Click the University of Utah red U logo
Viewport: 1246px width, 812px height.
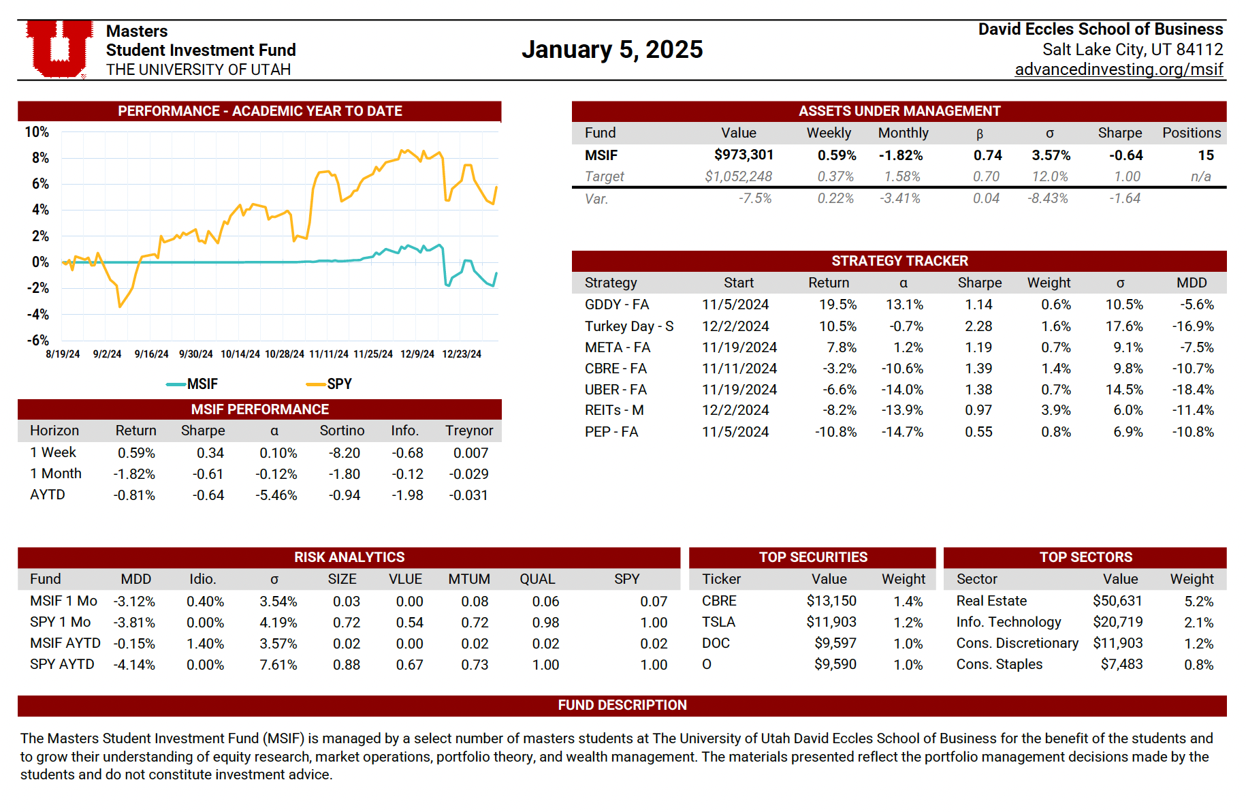(60, 48)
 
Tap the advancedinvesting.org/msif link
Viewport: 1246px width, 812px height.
(1118, 69)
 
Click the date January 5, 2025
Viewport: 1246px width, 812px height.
(611, 50)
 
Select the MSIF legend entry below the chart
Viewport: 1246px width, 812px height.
(193, 384)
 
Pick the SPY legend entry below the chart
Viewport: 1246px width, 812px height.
(330, 384)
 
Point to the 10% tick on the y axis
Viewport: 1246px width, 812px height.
(37, 132)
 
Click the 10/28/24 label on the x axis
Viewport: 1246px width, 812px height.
(284, 354)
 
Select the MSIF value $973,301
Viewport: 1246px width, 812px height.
(744, 155)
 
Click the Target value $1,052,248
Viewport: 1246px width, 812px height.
(738, 177)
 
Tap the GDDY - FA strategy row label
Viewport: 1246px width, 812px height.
(617, 304)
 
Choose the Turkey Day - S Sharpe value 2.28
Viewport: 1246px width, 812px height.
(978, 326)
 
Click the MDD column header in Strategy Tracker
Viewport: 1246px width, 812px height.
(1191, 283)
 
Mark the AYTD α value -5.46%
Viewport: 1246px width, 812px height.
(276, 495)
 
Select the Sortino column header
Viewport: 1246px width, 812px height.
(342, 431)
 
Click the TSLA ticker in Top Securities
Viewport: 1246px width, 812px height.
(718, 622)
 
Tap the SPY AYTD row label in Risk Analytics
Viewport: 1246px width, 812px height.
(62, 664)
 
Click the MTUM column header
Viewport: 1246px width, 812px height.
(468, 579)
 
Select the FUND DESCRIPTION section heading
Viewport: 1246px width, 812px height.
(622, 705)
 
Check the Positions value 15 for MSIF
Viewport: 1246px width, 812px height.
(1205, 155)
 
